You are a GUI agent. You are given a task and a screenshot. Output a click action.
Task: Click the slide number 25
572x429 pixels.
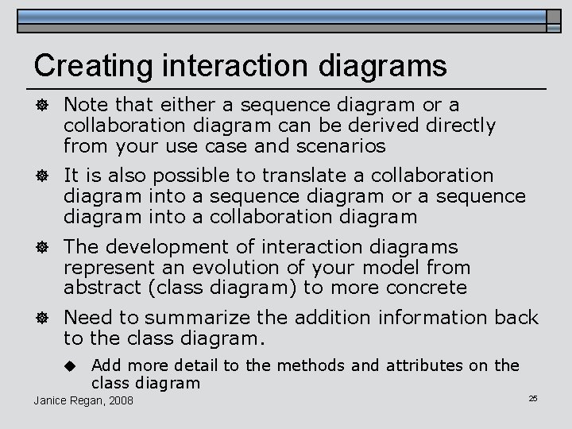533,396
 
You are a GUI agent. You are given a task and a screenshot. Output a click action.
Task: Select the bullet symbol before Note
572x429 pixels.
41,106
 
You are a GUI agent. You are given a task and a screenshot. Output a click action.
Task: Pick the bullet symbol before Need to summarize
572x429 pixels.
41,319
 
